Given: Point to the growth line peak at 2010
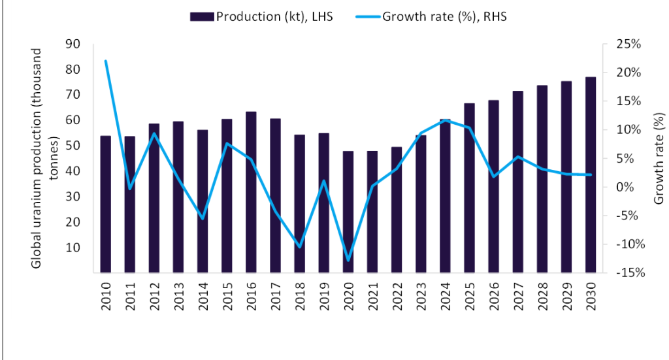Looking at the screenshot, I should pos(106,61).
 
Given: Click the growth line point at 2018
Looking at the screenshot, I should pos(300,246).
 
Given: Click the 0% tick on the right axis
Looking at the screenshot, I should pos(627,187).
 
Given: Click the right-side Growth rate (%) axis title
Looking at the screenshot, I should pos(659,157).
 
